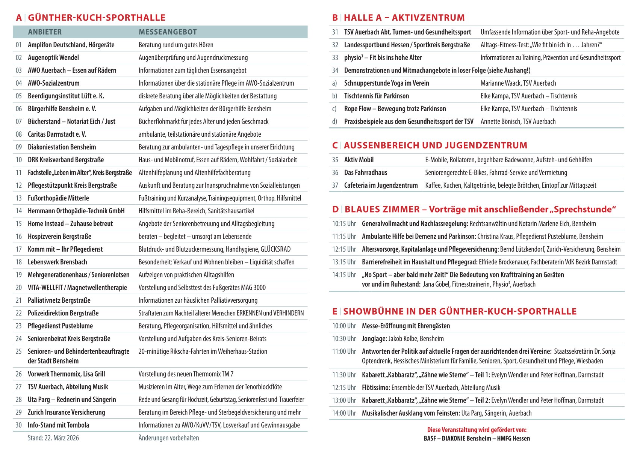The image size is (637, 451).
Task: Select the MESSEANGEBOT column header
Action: point(168,32)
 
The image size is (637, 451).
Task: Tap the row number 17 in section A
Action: point(18,249)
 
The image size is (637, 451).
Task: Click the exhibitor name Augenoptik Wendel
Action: point(53,57)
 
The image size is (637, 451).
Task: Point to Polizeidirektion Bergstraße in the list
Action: point(63,313)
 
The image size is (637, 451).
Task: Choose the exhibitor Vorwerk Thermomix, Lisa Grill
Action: point(66,374)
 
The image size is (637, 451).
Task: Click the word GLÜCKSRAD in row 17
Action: point(275,249)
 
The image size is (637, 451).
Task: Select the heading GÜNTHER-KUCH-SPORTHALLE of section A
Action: point(97,18)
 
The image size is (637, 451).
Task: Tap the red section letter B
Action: point(335,18)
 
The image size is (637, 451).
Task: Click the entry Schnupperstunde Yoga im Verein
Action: point(386,83)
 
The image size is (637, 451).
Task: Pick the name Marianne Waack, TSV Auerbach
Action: point(518,83)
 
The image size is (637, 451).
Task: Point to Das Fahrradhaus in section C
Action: point(365,173)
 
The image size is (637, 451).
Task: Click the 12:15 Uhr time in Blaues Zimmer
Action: point(343,249)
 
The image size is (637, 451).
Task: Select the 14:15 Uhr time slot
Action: point(343,275)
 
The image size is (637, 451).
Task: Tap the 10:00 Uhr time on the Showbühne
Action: point(343,326)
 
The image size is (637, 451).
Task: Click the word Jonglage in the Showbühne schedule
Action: point(374,339)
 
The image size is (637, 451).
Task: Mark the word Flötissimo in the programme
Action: point(376,388)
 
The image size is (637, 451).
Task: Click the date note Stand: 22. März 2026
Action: point(53,438)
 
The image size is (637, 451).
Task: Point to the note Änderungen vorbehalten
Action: point(168,438)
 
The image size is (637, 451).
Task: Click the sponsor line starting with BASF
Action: point(477,439)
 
